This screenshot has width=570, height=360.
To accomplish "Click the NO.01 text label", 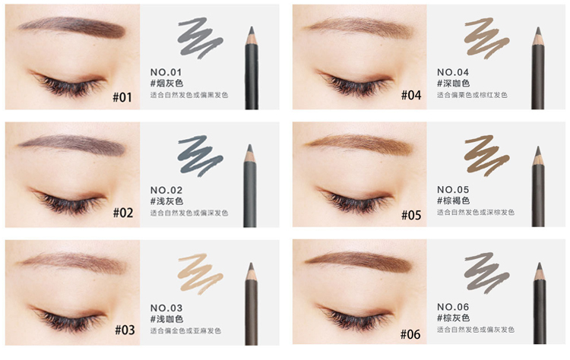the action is [x=166, y=72].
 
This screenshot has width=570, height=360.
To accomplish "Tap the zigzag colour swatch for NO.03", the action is [x=201, y=273].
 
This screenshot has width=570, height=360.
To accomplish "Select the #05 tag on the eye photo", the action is [x=411, y=215].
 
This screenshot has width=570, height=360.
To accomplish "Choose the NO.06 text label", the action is [x=453, y=307].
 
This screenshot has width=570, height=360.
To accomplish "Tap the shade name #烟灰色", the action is [x=166, y=84].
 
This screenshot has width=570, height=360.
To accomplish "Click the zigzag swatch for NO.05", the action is [x=486, y=155].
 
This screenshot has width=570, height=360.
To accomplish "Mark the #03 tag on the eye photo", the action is [x=125, y=330].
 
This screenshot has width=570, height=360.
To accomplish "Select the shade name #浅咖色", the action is [x=166, y=319].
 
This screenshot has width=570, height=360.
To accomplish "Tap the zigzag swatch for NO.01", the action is [x=201, y=38].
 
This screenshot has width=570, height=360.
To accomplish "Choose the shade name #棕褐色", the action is [x=453, y=201].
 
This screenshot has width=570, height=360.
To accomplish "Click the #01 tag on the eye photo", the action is [x=122, y=97].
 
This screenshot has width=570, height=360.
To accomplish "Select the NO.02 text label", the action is [x=166, y=190].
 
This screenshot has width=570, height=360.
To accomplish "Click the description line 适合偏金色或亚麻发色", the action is [x=185, y=330].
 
